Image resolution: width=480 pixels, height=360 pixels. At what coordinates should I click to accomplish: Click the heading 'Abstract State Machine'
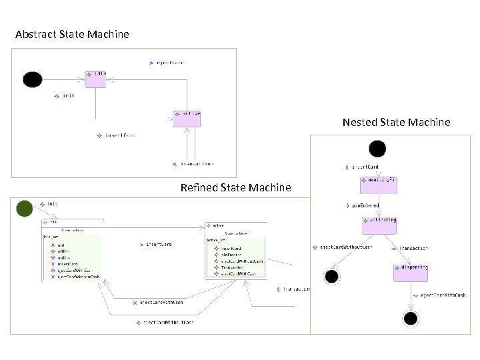[x=72, y=34]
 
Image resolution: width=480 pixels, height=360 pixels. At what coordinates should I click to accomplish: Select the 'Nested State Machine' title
[x=396, y=122]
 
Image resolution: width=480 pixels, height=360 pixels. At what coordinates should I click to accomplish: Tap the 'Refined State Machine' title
[x=235, y=188]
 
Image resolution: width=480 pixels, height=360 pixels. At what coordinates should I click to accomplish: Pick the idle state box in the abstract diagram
[x=95, y=78]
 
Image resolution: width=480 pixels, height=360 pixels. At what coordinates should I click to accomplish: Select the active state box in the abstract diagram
[x=187, y=118]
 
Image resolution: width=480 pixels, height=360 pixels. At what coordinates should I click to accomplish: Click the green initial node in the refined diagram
[x=25, y=209]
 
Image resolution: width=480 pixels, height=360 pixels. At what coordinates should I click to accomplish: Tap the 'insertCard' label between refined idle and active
[x=158, y=245]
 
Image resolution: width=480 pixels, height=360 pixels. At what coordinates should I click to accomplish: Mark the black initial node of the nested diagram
[x=377, y=149]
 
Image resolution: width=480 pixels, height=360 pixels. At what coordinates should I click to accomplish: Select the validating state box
[x=379, y=225]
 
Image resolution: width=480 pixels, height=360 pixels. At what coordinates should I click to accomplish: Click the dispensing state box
[x=411, y=272]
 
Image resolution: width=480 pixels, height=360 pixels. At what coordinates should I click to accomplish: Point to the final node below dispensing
[x=410, y=318]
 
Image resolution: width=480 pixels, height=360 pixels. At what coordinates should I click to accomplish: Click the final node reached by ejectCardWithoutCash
[x=330, y=276]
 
